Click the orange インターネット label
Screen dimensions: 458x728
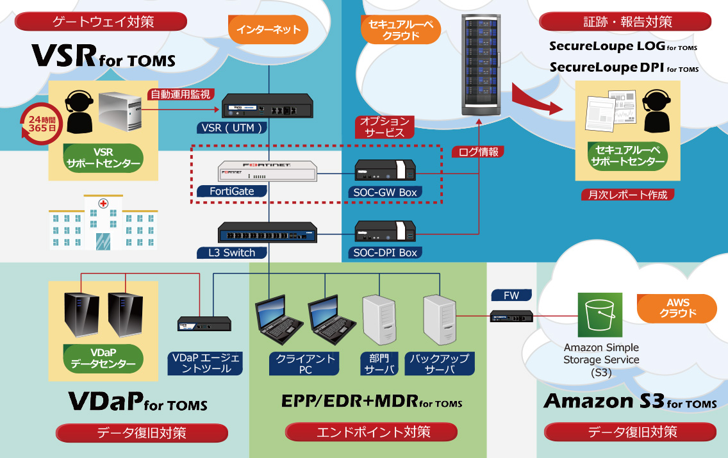point(268,30)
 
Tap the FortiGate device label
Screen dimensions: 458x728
point(231,191)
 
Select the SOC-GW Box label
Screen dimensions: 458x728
point(385,192)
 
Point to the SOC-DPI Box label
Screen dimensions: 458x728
point(385,252)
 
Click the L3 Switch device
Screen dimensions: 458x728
point(268,232)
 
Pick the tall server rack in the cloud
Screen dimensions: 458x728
point(481,64)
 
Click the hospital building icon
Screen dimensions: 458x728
point(103,224)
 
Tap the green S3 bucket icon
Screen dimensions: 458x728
point(600,315)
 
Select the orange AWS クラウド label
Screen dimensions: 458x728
point(677,308)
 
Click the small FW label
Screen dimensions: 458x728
point(511,295)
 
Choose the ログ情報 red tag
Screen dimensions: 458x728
point(478,152)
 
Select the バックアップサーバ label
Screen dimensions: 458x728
point(439,363)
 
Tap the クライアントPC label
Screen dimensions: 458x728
point(305,363)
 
